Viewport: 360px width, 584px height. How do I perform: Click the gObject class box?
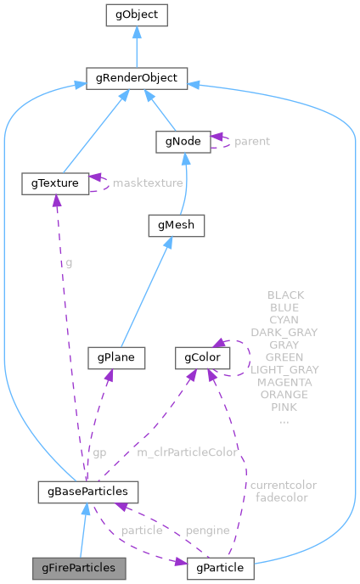click(136, 15)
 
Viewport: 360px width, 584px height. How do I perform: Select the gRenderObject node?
click(136, 78)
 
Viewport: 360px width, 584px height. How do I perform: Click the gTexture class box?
click(55, 182)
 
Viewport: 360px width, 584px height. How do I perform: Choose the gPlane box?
click(117, 357)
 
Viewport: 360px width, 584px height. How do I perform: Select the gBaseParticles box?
click(88, 491)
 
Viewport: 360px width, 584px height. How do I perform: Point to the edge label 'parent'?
click(252, 141)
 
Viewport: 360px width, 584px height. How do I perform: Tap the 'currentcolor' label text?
click(283, 485)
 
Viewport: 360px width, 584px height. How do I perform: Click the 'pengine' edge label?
click(207, 530)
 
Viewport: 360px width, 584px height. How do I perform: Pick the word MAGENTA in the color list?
click(284, 383)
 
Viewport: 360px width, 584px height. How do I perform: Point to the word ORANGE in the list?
click(284, 395)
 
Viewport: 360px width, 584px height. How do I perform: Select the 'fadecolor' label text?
click(281, 497)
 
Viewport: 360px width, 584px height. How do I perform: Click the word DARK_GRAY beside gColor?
click(284, 332)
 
